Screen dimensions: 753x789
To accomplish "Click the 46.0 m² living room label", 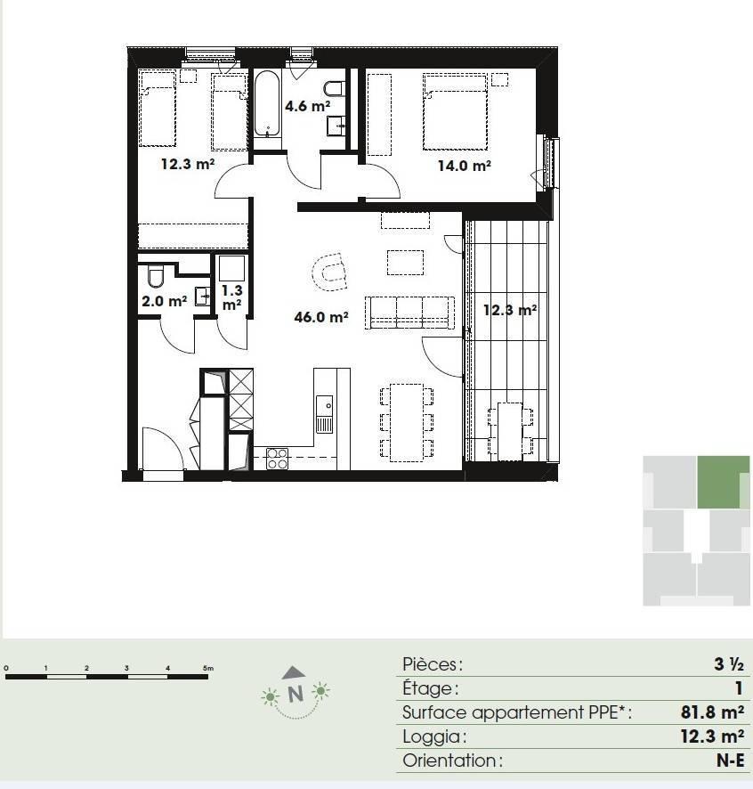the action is click(321, 317).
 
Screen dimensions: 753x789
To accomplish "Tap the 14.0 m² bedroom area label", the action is click(464, 165).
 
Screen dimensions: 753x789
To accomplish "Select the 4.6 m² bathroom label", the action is click(307, 106).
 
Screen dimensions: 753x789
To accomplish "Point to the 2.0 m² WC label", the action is click(165, 301).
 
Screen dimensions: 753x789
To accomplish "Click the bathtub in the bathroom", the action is click(267, 104).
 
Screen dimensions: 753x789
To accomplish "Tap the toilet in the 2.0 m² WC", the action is click(156, 276).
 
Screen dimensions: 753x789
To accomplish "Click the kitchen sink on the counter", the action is click(325, 414).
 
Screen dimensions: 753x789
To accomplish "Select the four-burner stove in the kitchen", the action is click(277, 459).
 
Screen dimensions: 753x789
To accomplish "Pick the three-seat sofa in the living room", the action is click(409, 313).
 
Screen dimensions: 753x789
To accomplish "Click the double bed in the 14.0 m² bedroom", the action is click(455, 111).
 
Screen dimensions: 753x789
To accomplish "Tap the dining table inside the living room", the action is click(407, 423).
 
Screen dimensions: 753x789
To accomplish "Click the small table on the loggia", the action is click(510, 431).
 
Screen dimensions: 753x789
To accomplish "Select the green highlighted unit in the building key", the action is click(723, 482).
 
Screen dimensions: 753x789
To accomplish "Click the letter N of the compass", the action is click(296, 694).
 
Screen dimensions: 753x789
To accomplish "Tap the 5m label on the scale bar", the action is click(207, 668).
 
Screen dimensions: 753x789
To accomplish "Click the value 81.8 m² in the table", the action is click(712, 712).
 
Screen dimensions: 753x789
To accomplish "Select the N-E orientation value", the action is click(731, 761).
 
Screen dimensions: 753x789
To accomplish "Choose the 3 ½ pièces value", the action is click(729, 664).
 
